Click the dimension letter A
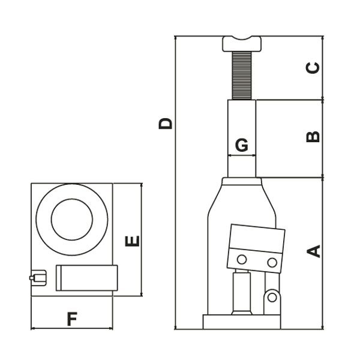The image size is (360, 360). coord(314,251)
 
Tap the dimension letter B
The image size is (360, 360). coord(313,137)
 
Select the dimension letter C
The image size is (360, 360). coord(313,68)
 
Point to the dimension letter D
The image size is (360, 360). coord(166,124)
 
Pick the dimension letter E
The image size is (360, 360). coord(132,241)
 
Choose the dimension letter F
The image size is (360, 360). coord(72,319)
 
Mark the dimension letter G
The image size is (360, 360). coord(242,145)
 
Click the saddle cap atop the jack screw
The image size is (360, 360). coord(242,44)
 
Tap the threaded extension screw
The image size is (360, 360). coord(242,76)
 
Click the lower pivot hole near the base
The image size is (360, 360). coord(272,298)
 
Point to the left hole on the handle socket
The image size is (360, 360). coord(242,260)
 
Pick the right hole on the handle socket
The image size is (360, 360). coord(272,262)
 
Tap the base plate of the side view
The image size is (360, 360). coord(242,322)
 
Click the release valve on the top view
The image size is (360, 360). coord(38,278)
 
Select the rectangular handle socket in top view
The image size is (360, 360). coord(87,278)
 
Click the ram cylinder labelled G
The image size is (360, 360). coord(242,139)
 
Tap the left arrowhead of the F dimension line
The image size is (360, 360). coord(32,329)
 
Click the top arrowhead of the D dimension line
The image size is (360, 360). coord(175,38)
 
